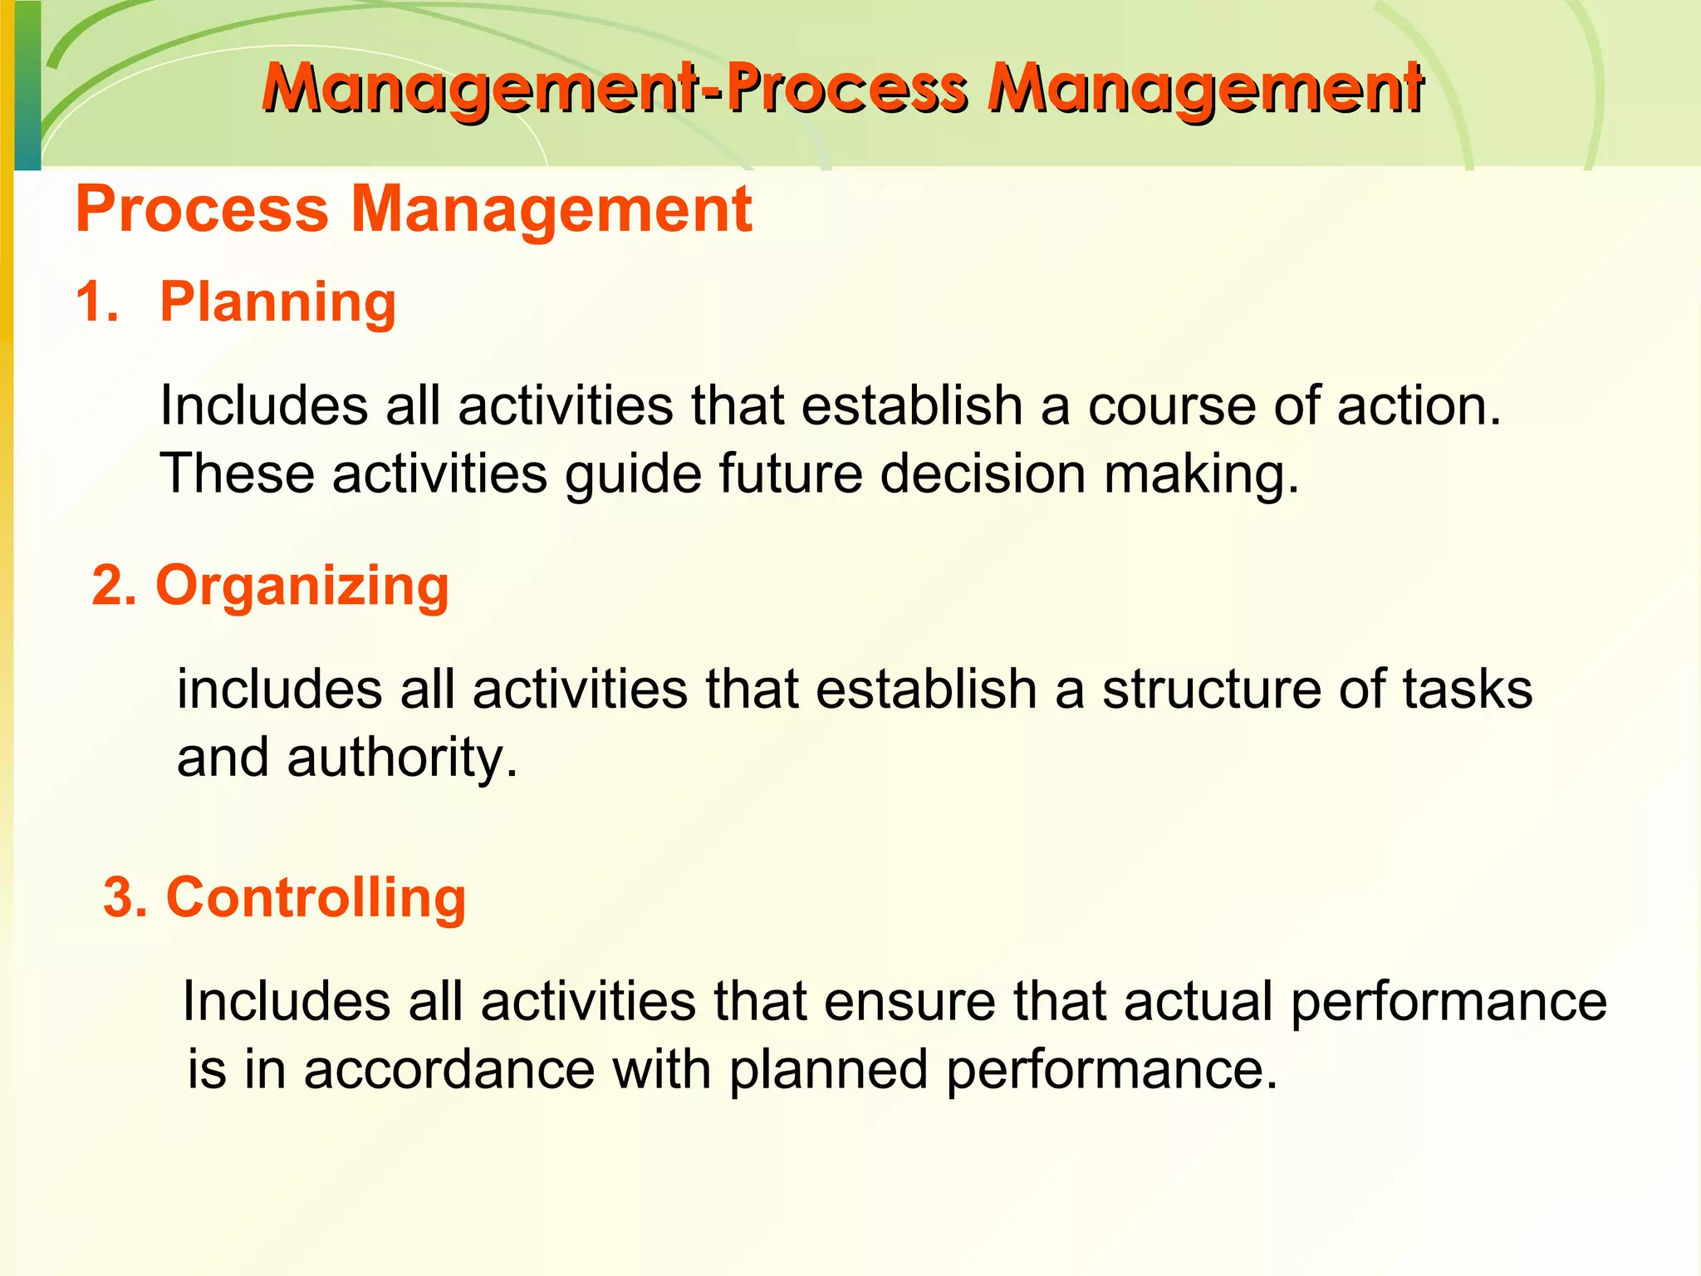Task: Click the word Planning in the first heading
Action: coord(277,302)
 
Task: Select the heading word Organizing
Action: coord(302,586)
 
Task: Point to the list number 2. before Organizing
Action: coord(114,586)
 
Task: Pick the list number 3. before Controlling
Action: coord(125,898)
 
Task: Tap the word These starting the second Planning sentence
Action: coord(237,474)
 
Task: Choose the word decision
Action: coord(983,474)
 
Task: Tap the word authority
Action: coord(401,758)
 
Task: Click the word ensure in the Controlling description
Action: coord(909,1001)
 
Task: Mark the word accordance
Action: coord(449,1069)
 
